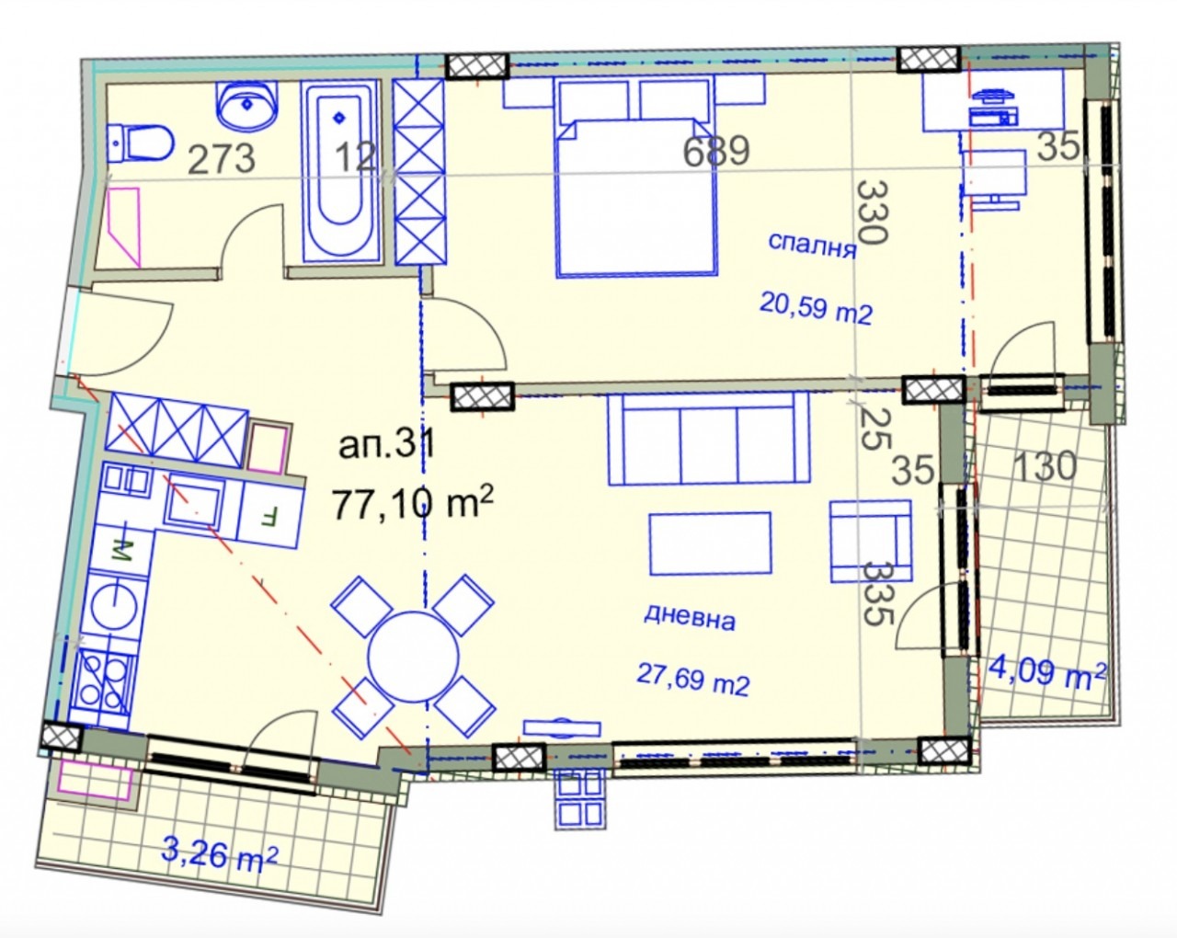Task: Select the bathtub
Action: (x=339, y=171)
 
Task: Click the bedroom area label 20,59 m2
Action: (x=816, y=308)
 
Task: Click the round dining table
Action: (x=413, y=656)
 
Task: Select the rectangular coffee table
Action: (x=710, y=543)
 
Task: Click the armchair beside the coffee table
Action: (x=871, y=541)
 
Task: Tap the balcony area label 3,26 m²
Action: (x=220, y=853)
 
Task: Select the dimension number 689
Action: (x=716, y=151)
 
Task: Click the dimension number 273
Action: (x=222, y=159)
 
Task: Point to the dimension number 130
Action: (x=1045, y=467)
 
